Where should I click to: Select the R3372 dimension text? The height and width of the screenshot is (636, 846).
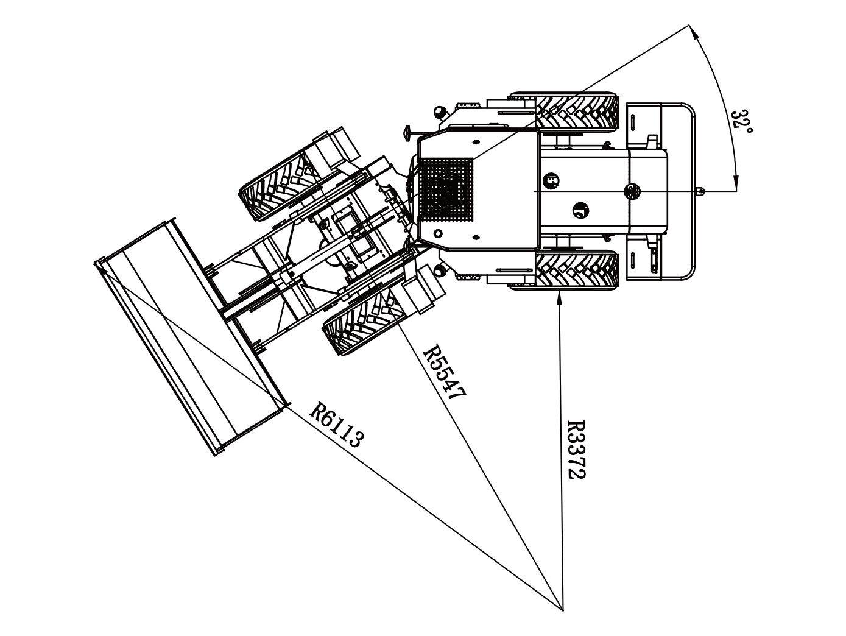click(576, 450)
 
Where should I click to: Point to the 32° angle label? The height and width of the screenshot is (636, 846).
click(742, 121)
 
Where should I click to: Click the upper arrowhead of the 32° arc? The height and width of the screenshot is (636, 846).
click(693, 31)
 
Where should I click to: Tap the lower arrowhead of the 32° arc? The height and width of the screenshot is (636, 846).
click(736, 184)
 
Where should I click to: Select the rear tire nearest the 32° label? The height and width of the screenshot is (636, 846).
click(577, 111)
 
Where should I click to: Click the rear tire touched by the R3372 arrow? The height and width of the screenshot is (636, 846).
click(577, 270)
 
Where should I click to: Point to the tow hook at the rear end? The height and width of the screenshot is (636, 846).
click(700, 191)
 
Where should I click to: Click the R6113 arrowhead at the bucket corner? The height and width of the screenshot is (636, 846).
click(102, 270)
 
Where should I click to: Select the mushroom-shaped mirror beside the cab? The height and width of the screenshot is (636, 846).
click(409, 133)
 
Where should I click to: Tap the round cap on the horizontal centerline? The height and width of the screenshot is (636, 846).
click(631, 191)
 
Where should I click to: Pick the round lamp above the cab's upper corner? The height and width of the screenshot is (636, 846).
click(439, 112)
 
